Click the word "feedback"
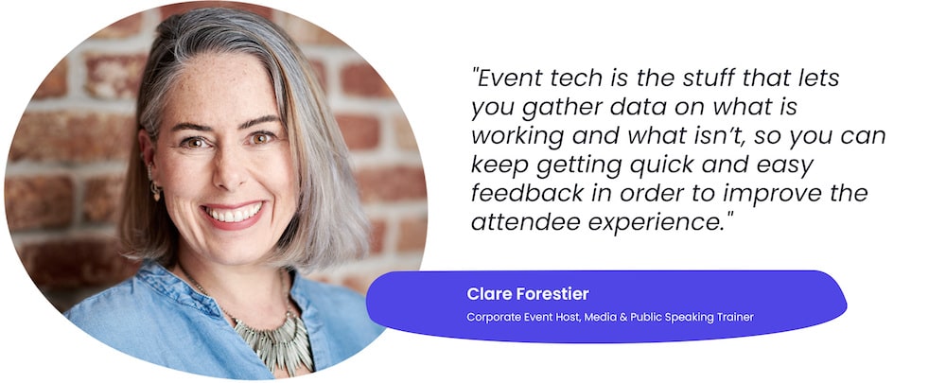[x=527, y=194]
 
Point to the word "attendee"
[x=524, y=222]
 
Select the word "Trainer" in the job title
[x=736, y=317]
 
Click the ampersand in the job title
[x=622, y=317]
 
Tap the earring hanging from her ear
[x=156, y=188]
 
